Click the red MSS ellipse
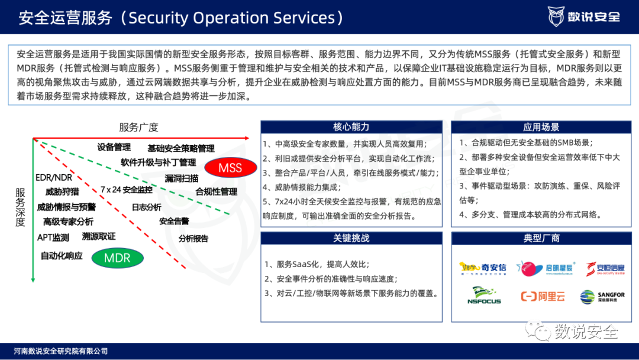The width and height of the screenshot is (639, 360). click(x=230, y=168)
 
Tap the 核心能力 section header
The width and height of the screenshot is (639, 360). click(x=351, y=127)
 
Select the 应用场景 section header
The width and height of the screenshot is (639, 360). click(x=541, y=127)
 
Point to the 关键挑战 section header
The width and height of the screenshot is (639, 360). click(x=351, y=238)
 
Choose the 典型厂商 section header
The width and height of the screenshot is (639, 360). click(x=541, y=238)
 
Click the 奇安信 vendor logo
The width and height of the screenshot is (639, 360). click(x=483, y=269)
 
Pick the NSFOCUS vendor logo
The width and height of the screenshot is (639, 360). click(x=483, y=295)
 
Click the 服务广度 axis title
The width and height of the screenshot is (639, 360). click(x=138, y=127)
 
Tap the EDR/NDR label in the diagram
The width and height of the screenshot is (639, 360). click(x=53, y=178)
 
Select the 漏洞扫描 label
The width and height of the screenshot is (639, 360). click(x=182, y=178)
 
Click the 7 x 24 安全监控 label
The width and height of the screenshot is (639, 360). click(x=126, y=190)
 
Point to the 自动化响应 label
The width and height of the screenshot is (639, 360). click(x=62, y=256)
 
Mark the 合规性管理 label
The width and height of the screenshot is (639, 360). click(x=216, y=192)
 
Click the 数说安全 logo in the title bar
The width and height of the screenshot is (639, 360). click(x=584, y=16)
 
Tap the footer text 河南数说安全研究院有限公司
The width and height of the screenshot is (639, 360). click(x=61, y=351)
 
